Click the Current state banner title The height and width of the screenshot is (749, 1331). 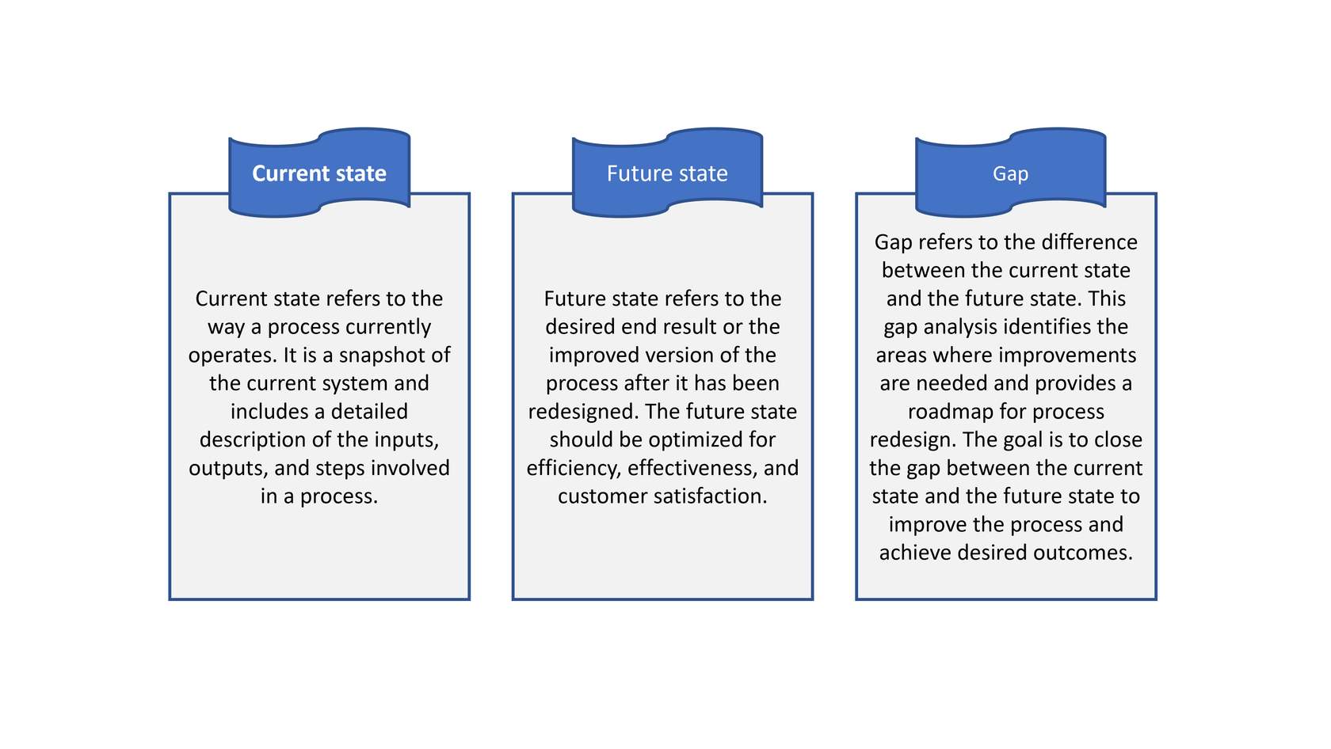319,173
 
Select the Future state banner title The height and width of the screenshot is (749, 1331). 667,173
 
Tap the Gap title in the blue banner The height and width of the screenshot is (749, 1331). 1010,174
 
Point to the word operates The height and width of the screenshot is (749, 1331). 233,355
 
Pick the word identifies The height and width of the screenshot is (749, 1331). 1048,327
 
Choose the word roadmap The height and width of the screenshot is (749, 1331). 946,412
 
